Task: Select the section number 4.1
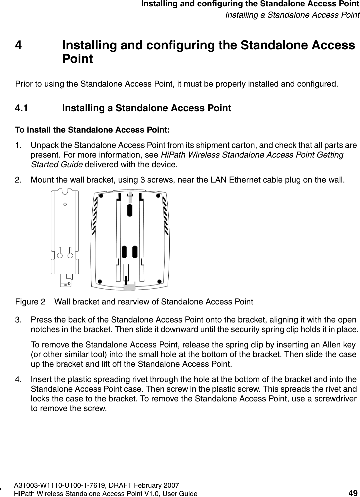tap(22, 108)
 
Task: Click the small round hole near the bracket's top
tap(65, 204)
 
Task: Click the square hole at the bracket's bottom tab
tap(69, 276)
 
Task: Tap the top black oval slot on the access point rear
tap(130, 210)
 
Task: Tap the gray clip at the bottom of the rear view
tap(129, 286)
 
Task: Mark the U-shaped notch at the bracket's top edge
tap(65, 192)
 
